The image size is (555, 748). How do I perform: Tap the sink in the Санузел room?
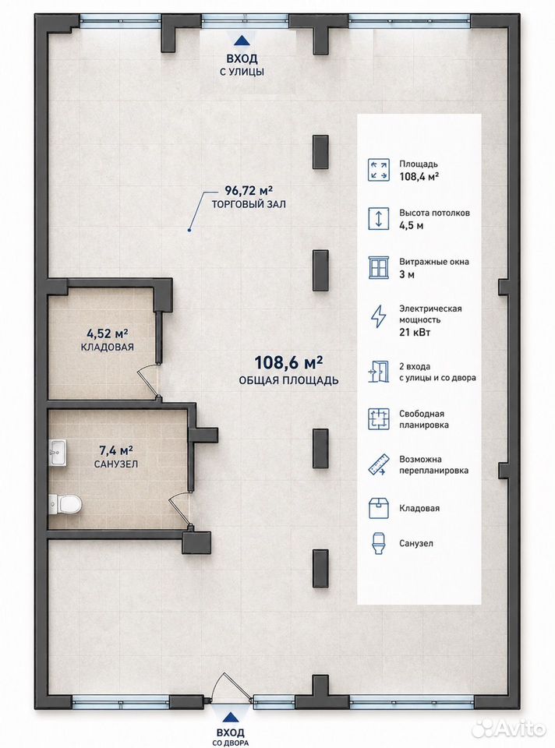58,452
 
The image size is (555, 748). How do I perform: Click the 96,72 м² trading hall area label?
249,191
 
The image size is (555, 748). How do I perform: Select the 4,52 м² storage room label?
108,333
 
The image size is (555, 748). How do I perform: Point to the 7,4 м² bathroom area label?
116,450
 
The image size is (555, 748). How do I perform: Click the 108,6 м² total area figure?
288,362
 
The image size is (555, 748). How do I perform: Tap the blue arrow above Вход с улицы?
242,41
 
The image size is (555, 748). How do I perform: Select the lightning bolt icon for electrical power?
378,316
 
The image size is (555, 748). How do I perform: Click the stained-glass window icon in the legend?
379,267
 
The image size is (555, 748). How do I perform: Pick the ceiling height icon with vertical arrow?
378,218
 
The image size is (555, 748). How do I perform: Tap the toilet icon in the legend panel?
378,543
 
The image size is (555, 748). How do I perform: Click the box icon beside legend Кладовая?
378,508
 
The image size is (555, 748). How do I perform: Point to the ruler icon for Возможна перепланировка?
378,464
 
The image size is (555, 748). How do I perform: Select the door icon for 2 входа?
378,372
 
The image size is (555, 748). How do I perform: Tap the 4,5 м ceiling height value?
411,225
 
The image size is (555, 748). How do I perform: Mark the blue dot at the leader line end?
189,231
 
